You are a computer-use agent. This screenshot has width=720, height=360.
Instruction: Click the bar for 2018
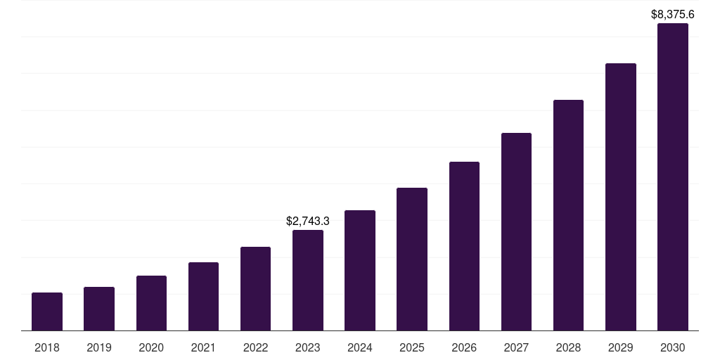tap(47, 311)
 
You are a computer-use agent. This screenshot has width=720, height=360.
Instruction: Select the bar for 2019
tap(99, 309)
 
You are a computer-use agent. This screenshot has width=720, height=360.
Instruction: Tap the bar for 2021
tap(203, 296)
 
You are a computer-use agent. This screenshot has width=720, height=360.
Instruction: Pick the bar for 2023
tap(308, 280)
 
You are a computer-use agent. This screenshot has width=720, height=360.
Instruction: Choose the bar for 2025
tap(412, 259)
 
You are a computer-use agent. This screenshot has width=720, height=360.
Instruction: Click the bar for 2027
tap(516, 231)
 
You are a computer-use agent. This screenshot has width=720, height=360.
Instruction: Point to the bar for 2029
tap(621, 197)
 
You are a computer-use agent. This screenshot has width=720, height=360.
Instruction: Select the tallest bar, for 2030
tap(673, 176)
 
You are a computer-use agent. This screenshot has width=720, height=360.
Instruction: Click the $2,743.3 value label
tap(308, 221)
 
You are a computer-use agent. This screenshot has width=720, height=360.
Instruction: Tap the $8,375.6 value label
tap(673, 14)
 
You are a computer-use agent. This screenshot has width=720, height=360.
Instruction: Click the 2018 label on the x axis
tap(47, 347)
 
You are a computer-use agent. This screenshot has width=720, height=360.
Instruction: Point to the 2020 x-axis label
tap(151, 347)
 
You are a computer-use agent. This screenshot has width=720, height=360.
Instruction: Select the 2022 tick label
tap(256, 347)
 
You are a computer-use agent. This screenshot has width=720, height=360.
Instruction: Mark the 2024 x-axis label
tap(360, 347)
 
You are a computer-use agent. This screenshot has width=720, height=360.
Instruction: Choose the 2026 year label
tap(464, 347)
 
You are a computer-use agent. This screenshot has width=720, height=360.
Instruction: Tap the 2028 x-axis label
tap(568, 347)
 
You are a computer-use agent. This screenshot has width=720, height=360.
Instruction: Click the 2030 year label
tap(673, 347)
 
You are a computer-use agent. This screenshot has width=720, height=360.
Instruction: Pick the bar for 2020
tap(151, 303)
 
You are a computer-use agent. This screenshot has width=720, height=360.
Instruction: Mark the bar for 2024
tap(360, 270)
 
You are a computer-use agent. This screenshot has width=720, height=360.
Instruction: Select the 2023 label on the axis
tap(308, 347)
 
